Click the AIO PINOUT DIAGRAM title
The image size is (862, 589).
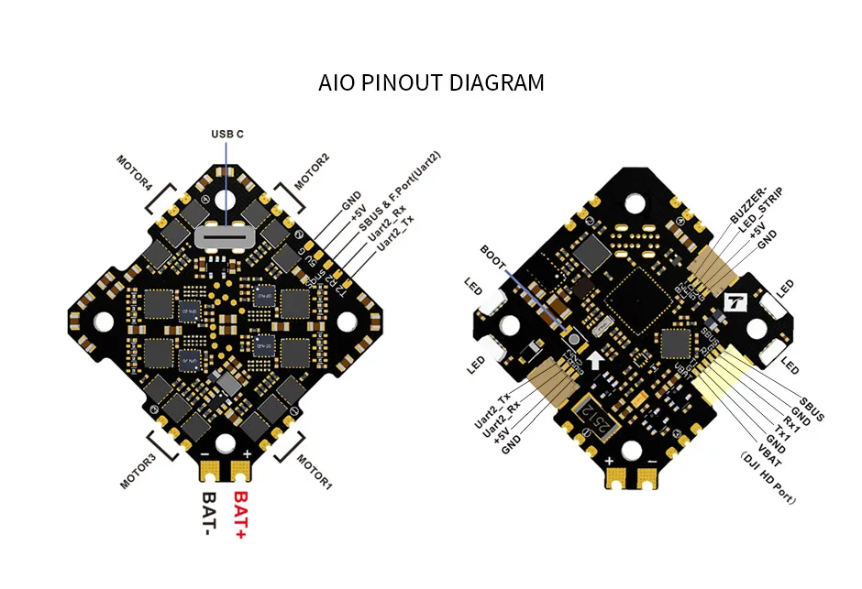(x=431, y=83)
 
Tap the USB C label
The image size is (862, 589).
(x=227, y=134)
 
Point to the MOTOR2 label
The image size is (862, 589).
(x=312, y=171)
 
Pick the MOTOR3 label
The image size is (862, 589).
(x=138, y=469)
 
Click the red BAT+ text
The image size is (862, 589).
(x=242, y=514)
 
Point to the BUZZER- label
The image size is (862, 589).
(x=748, y=203)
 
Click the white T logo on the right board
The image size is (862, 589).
(x=735, y=301)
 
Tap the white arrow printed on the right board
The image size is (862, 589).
(x=597, y=357)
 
